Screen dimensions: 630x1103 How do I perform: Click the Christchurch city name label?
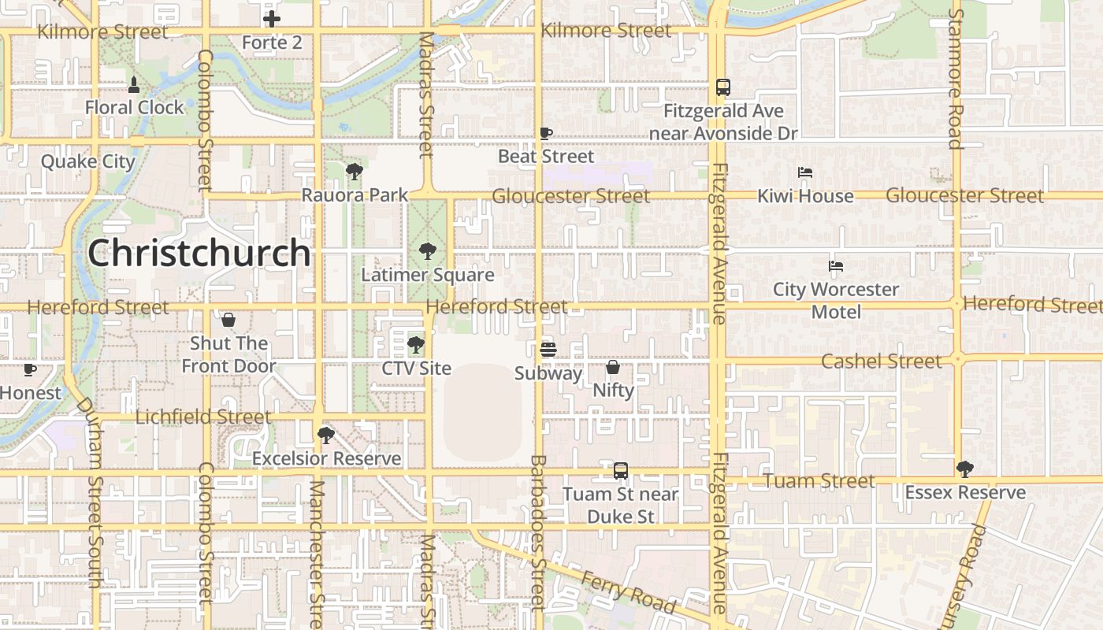click(199, 253)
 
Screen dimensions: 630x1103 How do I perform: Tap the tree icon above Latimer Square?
click(428, 251)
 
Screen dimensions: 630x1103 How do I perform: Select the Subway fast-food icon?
click(548, 349)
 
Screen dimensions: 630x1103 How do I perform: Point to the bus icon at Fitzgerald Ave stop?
click(722, 87)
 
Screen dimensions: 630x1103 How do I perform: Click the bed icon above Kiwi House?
click(804, 172)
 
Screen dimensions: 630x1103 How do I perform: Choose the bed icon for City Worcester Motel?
click(836, 266)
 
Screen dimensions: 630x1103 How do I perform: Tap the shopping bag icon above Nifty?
click(612, 367)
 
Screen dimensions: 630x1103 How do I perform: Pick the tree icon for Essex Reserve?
click(964, 469)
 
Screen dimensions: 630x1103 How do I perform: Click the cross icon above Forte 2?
click(272, 19)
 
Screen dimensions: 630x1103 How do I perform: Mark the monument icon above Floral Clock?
click(134, 84)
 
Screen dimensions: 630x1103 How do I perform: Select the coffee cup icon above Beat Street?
click(545, 133)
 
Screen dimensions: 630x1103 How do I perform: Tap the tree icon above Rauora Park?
click(354, 171)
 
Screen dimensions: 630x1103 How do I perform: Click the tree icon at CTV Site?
click(415, 345)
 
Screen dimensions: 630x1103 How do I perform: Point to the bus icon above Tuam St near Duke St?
click(621, 471)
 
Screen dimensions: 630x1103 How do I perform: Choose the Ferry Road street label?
click(628, 592)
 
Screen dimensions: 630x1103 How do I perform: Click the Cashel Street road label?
click(881, 361)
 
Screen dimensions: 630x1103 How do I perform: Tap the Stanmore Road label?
click(955, 79)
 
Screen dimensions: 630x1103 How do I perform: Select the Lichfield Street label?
click(203, 417)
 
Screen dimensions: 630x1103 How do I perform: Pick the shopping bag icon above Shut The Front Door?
click(228, 320)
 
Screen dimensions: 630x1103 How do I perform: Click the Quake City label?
click(88, 161)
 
